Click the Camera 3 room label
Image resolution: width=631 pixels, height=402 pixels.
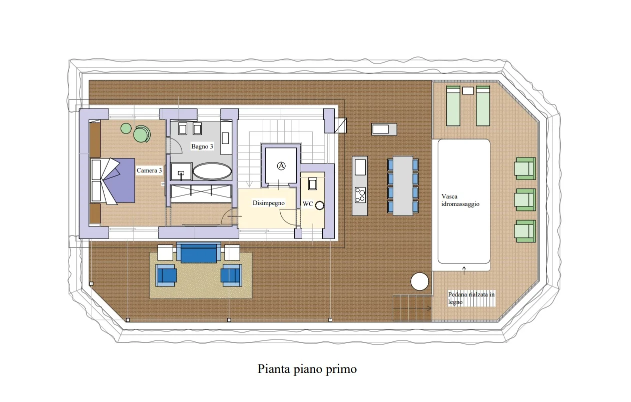(x=149, y=170)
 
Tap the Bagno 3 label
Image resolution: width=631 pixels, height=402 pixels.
(x=202, y=146)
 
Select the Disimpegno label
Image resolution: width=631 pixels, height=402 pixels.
(x=268, y=203)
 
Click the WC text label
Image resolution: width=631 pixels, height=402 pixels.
(x=308, y=204)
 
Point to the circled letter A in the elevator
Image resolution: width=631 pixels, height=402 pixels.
(x=281, y=166)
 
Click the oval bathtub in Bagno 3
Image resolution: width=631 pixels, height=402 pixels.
(x=212, y=171)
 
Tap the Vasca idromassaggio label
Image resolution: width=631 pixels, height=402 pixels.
(x=460, y=200)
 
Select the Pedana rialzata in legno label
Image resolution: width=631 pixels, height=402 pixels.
(x=471, y=298)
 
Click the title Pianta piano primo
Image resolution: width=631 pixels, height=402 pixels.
(x=307, y=369)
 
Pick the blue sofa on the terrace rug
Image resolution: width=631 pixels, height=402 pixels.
(x=199, y=253)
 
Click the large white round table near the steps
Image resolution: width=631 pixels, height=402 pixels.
(x=419, y=281)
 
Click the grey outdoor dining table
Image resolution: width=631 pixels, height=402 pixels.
(x=403, y=186)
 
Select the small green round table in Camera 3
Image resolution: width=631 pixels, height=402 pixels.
(x=126, y=128)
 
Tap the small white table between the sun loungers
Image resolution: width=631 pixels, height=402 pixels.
(x=468, y=90)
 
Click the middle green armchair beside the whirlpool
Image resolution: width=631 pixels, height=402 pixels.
(x=525, y=199)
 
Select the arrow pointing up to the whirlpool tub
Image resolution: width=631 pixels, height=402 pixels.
(x=464, y=270)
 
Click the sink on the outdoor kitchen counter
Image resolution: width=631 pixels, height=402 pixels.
(x=360, y=167)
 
